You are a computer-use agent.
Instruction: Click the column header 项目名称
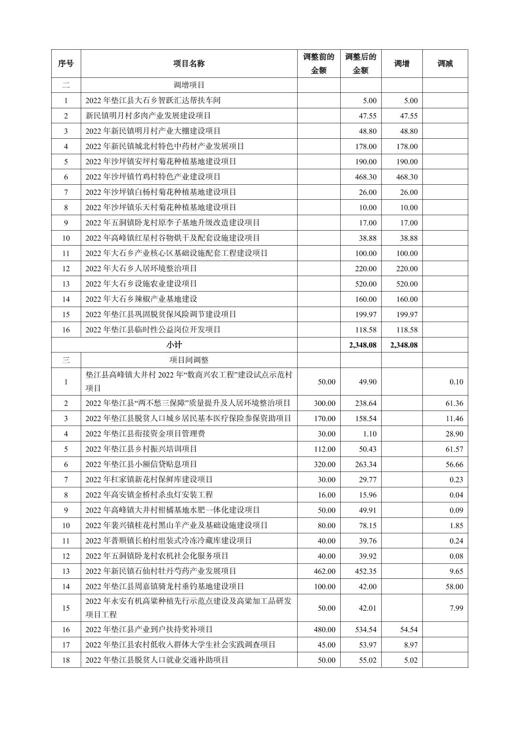point(189,63)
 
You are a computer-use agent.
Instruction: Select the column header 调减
point(445,63)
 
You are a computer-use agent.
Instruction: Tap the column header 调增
point(402,63)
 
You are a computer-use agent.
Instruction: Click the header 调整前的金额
point(319,63)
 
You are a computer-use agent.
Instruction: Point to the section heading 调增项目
point(189,85)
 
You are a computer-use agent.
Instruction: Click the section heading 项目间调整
point(189,360)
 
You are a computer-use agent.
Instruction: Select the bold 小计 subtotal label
point(174,345)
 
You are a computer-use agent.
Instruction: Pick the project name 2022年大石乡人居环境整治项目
point(141,268)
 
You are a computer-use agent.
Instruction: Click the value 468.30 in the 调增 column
point(407,177)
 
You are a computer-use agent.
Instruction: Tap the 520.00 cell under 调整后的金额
point(366,284)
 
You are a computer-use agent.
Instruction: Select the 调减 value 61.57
point(454,449)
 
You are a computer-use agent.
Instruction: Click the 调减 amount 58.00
point(454,587)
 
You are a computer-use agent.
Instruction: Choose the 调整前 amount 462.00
point(324,571)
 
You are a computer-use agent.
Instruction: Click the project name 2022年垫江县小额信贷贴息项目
point(141,464)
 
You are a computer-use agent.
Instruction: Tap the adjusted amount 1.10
point(369,434)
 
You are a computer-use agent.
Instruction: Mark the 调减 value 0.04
point(456,495)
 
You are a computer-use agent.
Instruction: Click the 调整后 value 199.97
point(366,314)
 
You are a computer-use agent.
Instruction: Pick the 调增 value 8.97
point(410,645)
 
